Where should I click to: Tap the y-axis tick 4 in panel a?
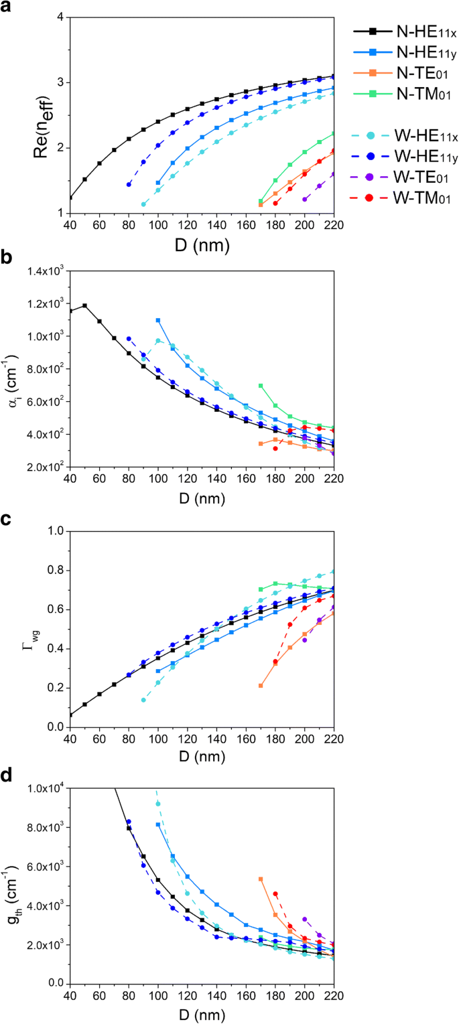pyautogui.click(x=58, y=17)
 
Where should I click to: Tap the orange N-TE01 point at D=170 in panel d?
pyautogui.click(x=261, y=879)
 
